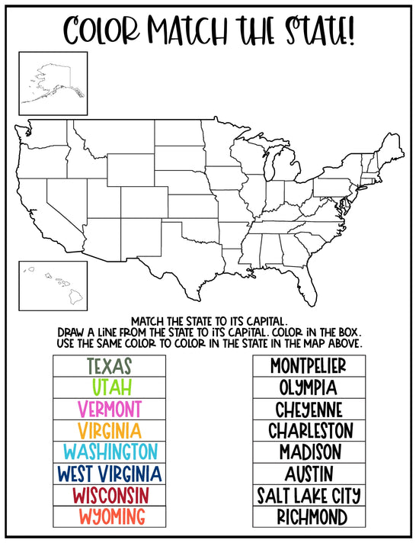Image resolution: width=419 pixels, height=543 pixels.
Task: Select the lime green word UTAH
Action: coord(109,387)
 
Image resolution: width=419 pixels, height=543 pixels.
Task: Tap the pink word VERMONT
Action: coord(109,408)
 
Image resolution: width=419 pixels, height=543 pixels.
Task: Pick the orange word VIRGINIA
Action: coord(109,430)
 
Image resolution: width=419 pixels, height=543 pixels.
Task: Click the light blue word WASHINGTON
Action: coord(109,451)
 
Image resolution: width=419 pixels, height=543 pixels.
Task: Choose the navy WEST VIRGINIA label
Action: coord(109,473)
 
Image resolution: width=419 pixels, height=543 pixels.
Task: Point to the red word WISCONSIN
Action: coord(109,495)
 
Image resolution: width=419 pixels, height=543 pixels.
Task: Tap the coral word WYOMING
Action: coord(109,516)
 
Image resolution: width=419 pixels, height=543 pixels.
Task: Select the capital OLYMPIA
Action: coord(308,387)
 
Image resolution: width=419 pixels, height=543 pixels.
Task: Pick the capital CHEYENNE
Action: coord(308,408)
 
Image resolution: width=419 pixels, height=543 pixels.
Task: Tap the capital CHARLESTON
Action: coord(308,430)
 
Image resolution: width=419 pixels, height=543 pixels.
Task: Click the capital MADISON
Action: coord(308,451)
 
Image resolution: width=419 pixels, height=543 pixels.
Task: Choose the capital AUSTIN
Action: coord(308,473)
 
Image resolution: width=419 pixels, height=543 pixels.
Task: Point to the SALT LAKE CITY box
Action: coord(308,495)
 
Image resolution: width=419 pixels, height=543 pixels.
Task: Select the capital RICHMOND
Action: coord(308,516)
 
